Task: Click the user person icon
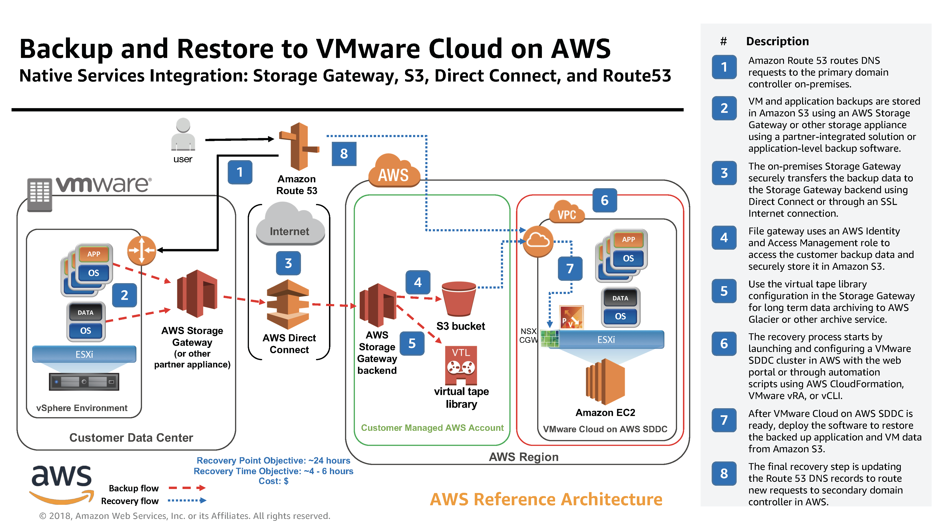click(183, 134)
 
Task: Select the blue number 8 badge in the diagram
click(344, 154)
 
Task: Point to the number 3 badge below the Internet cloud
click(288, 263)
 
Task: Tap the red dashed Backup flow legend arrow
click(187, 488)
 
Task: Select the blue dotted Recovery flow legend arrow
click(187, 500)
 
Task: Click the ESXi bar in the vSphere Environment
click(84, 354)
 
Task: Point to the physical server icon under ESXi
click(84, 382)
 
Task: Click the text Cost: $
click(273, 481)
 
